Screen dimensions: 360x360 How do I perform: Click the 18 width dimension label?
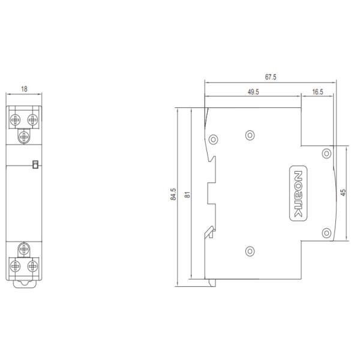25,89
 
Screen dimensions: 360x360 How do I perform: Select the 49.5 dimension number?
253,92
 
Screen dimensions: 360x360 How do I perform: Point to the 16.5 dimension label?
318,92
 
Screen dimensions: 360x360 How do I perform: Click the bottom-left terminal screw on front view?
16,265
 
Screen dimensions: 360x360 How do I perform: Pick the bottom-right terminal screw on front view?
32,265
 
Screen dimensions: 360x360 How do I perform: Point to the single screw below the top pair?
24,137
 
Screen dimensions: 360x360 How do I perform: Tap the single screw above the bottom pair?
24,247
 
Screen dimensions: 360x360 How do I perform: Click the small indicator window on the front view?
35,163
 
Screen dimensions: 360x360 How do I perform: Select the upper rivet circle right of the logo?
326,154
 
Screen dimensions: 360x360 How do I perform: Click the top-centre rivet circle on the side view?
250,135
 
